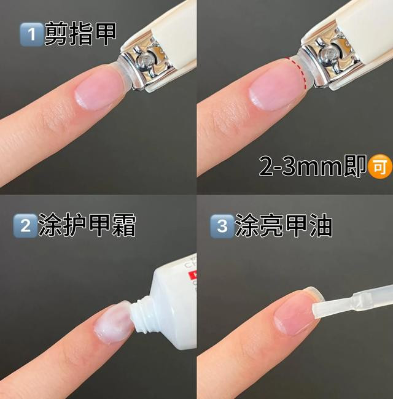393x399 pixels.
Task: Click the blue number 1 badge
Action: tap(31, 34)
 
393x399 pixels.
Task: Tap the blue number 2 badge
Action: tap(25, 226)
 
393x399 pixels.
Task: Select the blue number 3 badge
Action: tap(222, 226)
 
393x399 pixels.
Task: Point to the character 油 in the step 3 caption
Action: tap(321, 225)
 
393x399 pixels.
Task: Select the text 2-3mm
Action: tap(301, 166)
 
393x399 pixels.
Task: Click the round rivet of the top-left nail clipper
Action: tap(145, 60)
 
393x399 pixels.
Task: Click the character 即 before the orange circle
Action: tap(355, 166)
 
